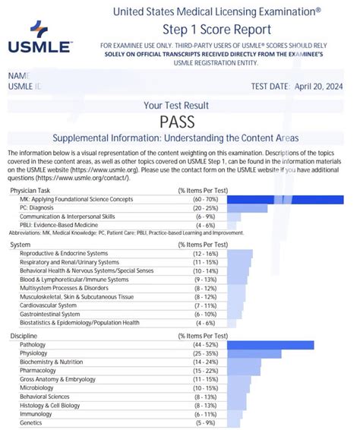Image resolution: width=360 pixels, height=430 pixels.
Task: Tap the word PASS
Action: (179, 122)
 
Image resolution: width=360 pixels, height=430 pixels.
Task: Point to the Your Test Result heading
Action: (179, 105)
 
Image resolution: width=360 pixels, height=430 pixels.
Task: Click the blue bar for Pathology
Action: (270, 346)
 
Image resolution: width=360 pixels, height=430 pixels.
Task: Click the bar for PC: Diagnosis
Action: (247, 208)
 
